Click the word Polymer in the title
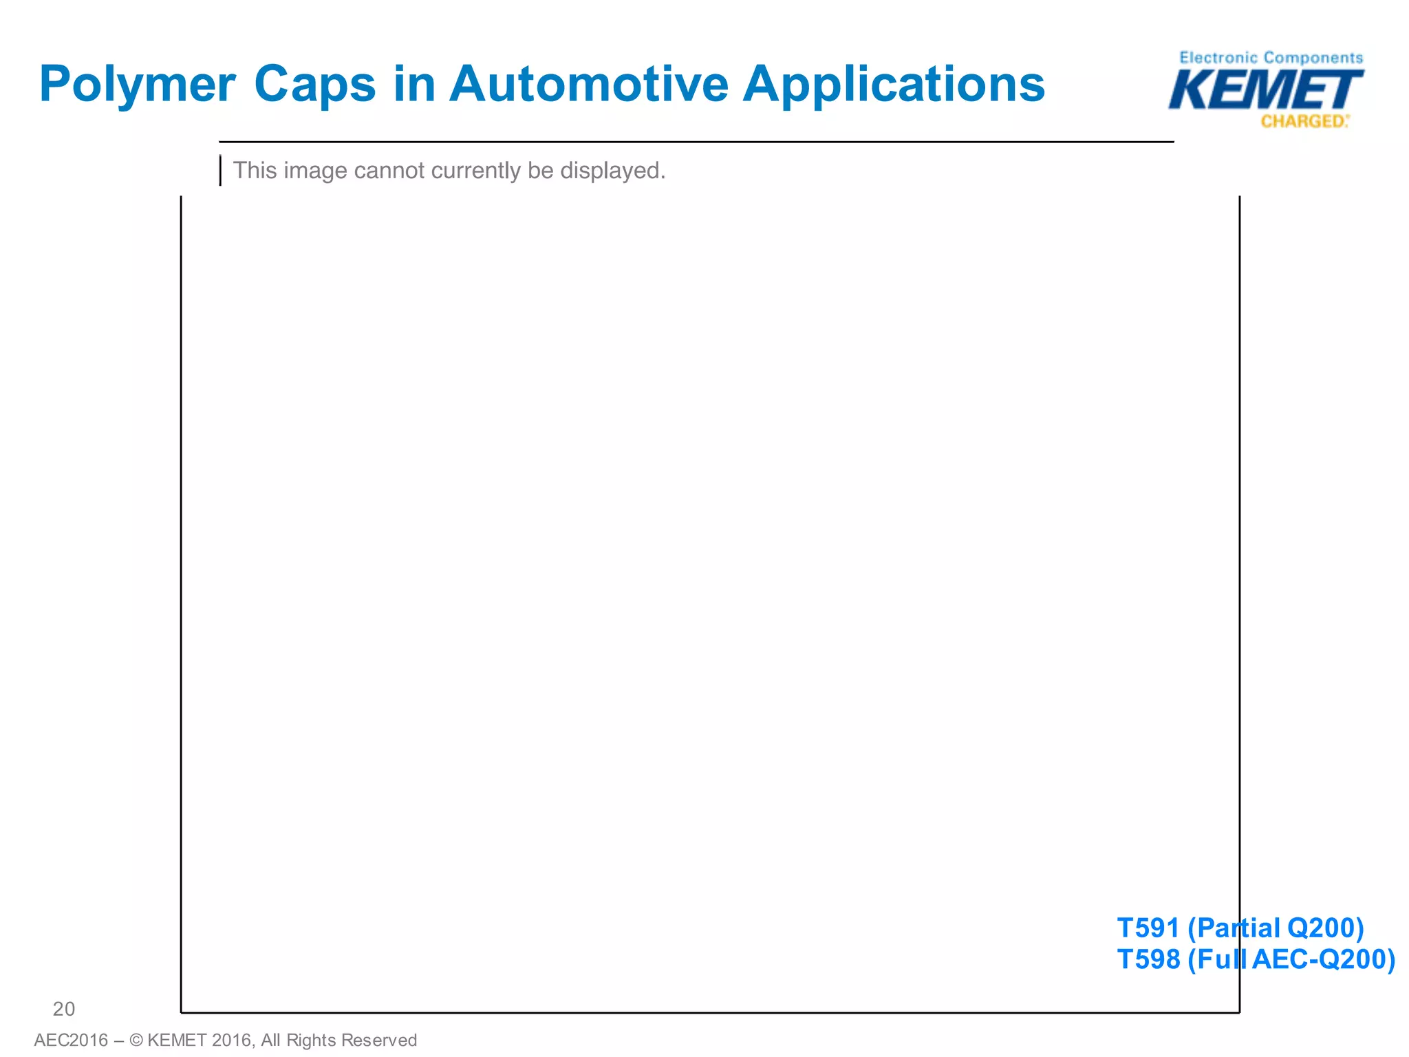click(x=138, y=85)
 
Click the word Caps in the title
click(x=314, y=85)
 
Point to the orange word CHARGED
click(x=1303, y=122)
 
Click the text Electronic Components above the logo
click(x=1271, y=58)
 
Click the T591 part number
click(x=1148, y=928)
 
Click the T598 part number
click(x=1148, y=959)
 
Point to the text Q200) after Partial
click(x=1325, y=928)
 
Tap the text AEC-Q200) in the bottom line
click(x=1323, y=959)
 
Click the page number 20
click(x=64, y=1009)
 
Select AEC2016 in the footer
click(x=71, y=1040)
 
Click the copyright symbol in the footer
click(x=136, y=1040)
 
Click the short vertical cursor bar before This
click(x=220, y=171)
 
